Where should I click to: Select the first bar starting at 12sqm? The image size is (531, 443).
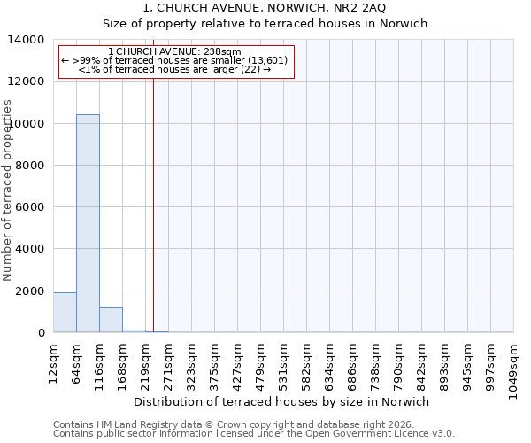65,313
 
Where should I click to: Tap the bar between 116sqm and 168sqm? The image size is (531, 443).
111,320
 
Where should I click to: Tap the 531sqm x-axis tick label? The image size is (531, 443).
283,361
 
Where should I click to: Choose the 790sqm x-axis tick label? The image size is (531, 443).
398,361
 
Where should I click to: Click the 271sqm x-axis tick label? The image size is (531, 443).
168,361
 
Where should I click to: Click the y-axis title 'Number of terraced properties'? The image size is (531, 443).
8,190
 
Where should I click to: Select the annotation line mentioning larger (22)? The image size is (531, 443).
174,69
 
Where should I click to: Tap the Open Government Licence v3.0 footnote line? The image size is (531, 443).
254,434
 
